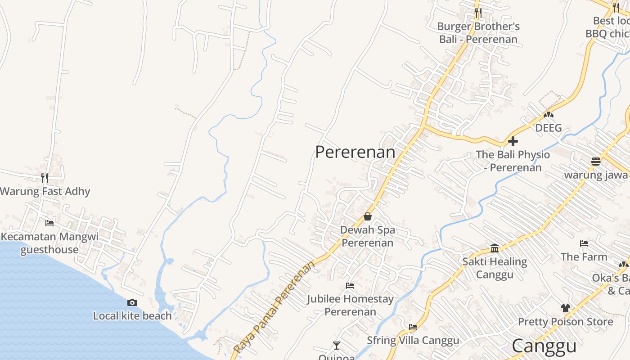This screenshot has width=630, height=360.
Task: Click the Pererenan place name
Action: tap(355, 152)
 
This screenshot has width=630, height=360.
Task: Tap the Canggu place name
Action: tap(544, 346)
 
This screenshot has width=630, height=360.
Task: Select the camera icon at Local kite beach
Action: tap(132, 302)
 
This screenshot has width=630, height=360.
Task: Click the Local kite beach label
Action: tap(132, 316)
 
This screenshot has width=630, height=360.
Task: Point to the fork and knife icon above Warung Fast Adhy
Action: tap(45, 178)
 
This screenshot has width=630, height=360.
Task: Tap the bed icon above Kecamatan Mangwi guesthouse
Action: tap(49, 223)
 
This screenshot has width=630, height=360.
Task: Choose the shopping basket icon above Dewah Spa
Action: tap(368, 216)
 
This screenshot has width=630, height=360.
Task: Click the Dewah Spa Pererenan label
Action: tap(368, 236)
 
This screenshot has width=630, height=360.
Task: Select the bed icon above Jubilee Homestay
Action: tap(350, 285)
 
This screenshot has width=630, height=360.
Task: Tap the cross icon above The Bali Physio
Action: tap(513, 142)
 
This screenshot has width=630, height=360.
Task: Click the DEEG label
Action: tap(549, 128)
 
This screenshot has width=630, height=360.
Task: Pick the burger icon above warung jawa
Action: tap(596, 162)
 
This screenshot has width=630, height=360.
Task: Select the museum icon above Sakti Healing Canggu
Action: tap(495, 248)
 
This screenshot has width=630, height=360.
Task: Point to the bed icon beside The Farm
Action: tap(584, 243)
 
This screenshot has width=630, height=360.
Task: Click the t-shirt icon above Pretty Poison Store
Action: tap(566, 308)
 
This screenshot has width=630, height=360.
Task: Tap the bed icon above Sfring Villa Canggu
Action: tap(413, 327)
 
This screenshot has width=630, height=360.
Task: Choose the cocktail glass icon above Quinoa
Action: tap(336, 346)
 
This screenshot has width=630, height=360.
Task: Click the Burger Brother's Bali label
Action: tap(478, 33)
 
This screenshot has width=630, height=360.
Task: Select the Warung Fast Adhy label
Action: tap(45, 191)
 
